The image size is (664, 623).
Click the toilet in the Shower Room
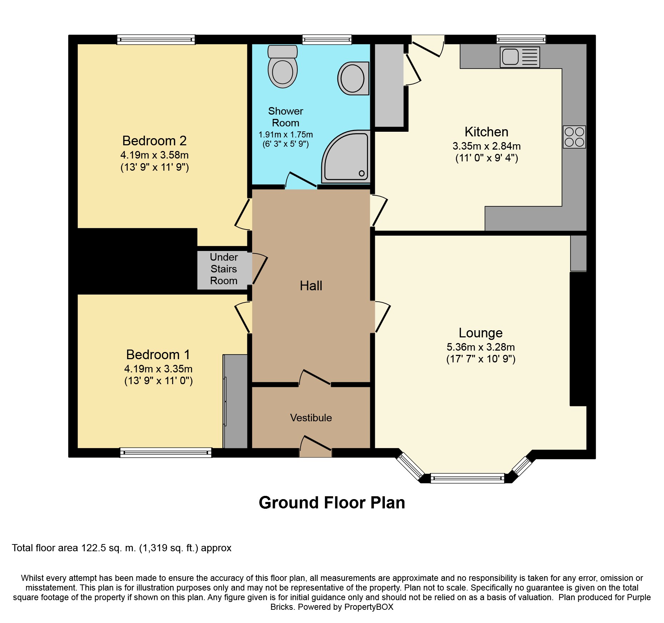pos(282,66)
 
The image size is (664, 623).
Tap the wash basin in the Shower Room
pos(353,78)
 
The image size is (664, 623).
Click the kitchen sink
pos(520,57)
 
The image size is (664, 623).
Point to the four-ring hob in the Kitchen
pos(574,137)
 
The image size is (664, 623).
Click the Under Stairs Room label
pos(224,269)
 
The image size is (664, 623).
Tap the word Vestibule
pos(311,418)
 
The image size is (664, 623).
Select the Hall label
pos(311,286)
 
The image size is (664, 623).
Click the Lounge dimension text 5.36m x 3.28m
pos(481,347)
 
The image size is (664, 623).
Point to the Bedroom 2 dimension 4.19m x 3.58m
pos(155,155)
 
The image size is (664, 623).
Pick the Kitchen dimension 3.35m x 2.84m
pos(487,146)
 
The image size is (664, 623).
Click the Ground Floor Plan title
pos(332,503)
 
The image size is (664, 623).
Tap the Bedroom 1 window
pos(166,453)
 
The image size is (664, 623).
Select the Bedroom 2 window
pos(156,40)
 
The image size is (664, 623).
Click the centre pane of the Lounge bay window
pos(467,478)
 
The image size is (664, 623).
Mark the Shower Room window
pos(327,40)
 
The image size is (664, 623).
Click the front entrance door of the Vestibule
pos(316,446)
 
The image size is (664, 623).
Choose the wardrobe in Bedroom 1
pos(235,401)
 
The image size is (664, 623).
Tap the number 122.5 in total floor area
pos(94,548)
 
